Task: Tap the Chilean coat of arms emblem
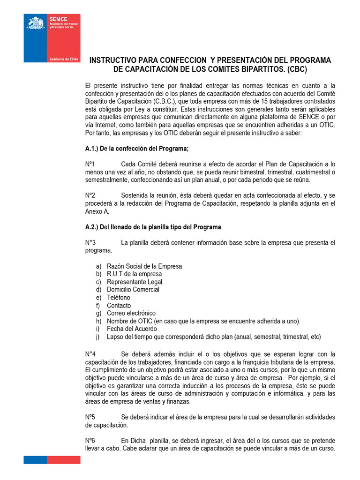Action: click(x=36, y=22)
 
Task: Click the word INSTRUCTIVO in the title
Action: click(x=112, y=60)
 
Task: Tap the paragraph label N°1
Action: click(x=90, y=164)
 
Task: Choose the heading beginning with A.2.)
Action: click(x=153, y=227)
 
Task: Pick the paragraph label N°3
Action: click(x=90, y=242)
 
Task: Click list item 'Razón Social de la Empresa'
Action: click(x=144, y=266)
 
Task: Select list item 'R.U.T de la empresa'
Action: click(x=134, y=274)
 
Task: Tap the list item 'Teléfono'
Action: click(x=119, y=298)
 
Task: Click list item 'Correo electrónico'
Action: click(x=131, y=313)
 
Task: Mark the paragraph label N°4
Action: click(x=90, y=353)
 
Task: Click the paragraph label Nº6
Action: click(x=90, y=441)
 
